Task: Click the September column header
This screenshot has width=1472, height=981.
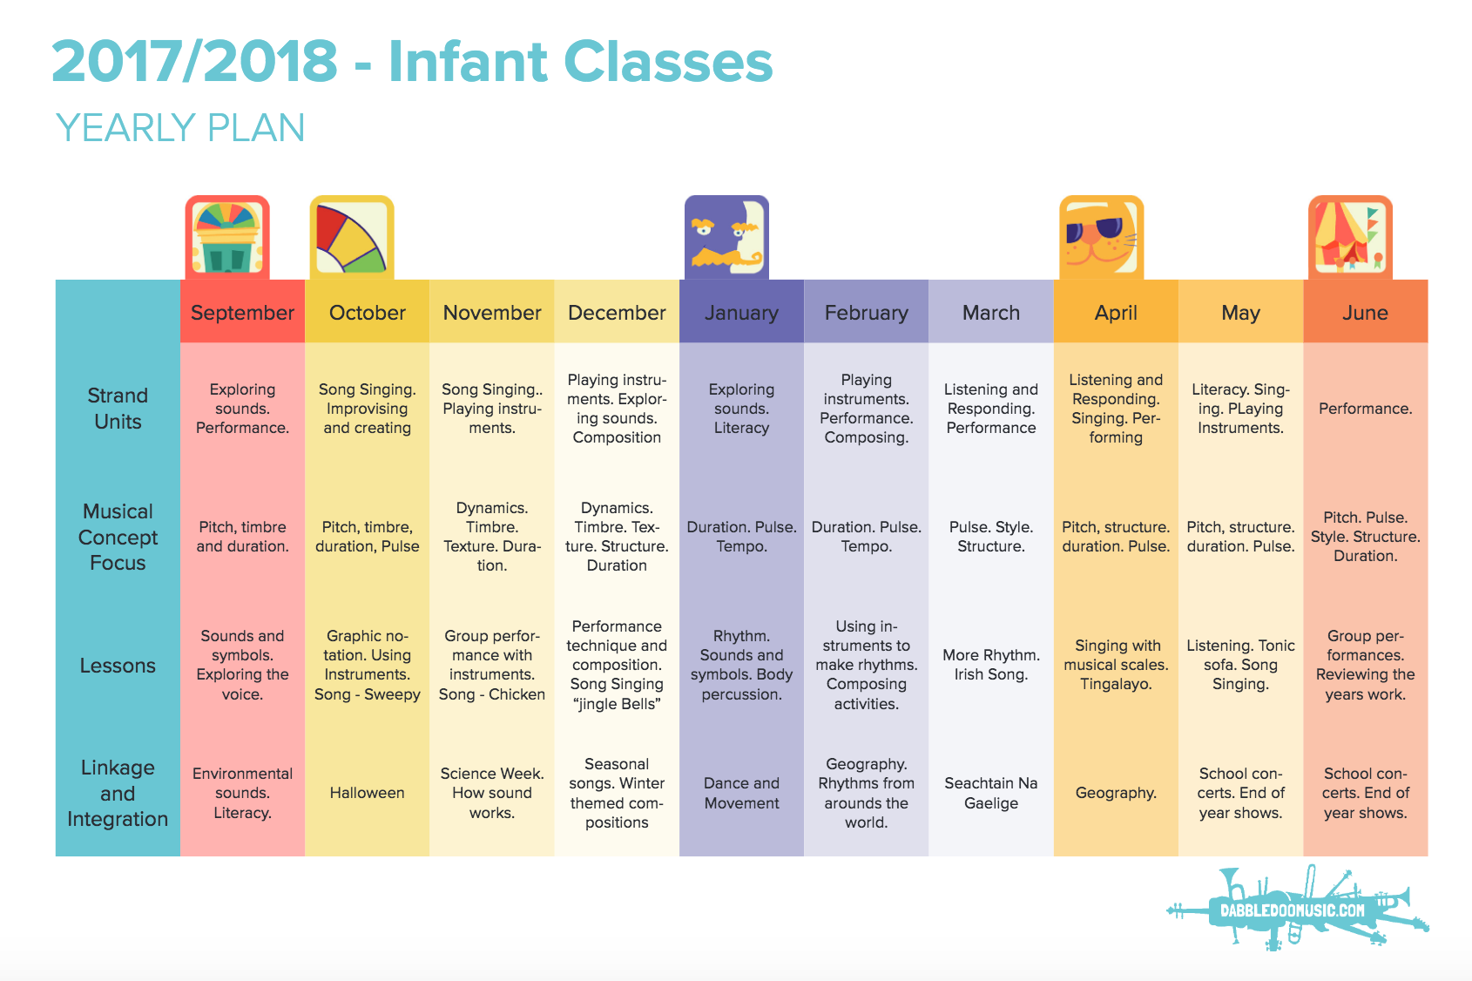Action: (x=242, y=312)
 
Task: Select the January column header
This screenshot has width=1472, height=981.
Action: (x=741, y=312)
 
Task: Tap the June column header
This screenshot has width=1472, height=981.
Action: (x=1365, y=312)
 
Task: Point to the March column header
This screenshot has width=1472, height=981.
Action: (x=991, y=312)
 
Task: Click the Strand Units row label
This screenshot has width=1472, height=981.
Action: (x=118, y=408)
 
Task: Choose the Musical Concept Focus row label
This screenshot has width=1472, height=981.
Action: (x=118, y=537)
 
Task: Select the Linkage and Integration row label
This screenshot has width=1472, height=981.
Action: (x=118, y=793)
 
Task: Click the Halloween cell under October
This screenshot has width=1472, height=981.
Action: (x=367, y=792)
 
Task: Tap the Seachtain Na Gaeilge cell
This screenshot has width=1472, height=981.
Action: (x=991, y=792)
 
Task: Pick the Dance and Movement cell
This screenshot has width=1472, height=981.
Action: (x=741, y=792)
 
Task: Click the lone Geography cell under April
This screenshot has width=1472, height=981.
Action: (x=1116, y=793)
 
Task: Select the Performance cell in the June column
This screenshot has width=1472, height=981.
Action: (x=1365, y=409)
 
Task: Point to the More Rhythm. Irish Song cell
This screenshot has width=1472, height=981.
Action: (x=991, y=664)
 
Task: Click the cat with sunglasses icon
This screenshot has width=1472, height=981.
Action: (x=1101, y=237)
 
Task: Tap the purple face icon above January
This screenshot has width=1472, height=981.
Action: (x=726, y=237)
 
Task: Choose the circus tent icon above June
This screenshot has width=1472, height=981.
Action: (x=1350, y=237)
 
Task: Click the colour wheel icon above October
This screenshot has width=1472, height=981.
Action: (x=352, y=237)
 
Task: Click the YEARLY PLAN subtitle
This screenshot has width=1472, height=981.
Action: (x=180, y=127)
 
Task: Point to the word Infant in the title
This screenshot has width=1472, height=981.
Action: (x=468, y=62)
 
